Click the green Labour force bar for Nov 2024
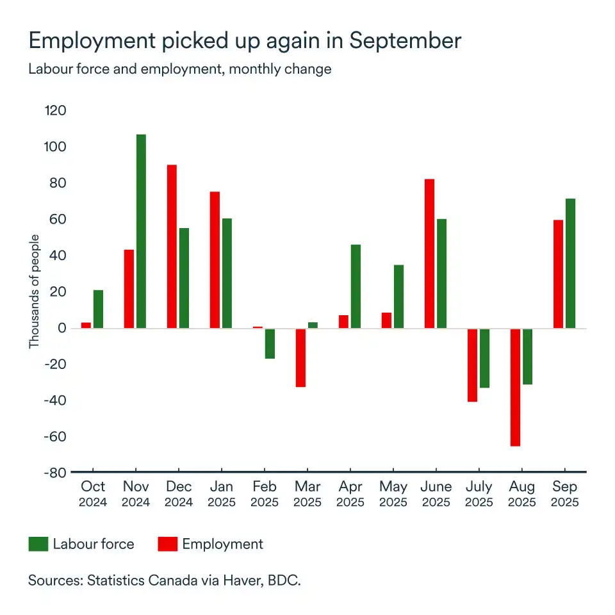(x=141, y=231)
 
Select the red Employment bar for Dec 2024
(x=172, y=247)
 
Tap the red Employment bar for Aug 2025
(x=515, y=387)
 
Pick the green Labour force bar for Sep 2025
(x=570, y=263)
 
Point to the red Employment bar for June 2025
(x=429, y=254)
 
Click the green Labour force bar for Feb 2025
(x=270, y=343)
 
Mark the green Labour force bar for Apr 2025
(x=356, y=286)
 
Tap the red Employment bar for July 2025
(x=472, y=365)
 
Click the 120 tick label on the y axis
(x=55, y=111)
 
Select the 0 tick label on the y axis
(x=62, y=328)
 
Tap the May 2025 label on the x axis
(x=393, y=494)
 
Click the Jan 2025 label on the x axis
(x=221, y=494)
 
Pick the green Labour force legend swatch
(x=38, y=545)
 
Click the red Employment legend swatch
(x=167, y=545)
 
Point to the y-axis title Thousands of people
(x=35, y=292)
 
